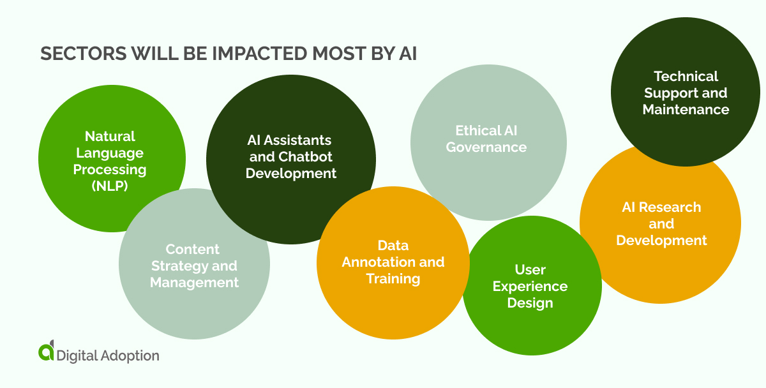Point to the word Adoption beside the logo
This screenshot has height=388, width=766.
coord(130,355)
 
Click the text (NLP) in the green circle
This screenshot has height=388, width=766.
coord(110,186)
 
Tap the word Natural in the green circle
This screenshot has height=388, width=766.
coord(110,136)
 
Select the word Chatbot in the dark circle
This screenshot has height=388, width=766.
coord(305,156)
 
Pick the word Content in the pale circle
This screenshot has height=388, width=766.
coord(193,249)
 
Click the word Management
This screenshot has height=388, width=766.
coord(195,282)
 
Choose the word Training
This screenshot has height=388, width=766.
coord(393,278)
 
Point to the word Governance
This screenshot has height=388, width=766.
coord(486,147)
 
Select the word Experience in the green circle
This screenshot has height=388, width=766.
coord(530,286)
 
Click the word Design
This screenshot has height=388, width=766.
coord(530,302)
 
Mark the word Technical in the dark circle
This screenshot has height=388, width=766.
coord(686,77)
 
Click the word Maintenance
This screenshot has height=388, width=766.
coord(686,110)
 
